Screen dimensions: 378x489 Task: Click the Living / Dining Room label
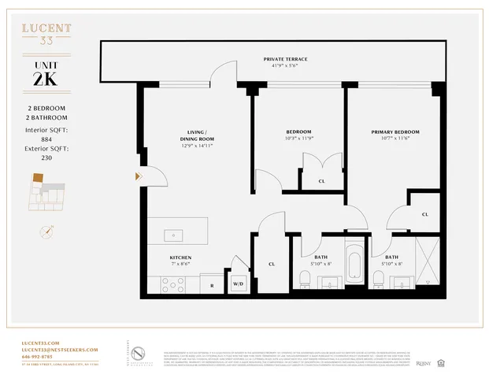pos(196,135)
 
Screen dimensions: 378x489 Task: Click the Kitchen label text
pos(180,258)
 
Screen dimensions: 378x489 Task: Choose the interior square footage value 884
pos(46,139)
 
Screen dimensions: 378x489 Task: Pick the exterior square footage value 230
pos(46,157)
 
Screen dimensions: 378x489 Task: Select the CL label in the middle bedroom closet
pos(321,181)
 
